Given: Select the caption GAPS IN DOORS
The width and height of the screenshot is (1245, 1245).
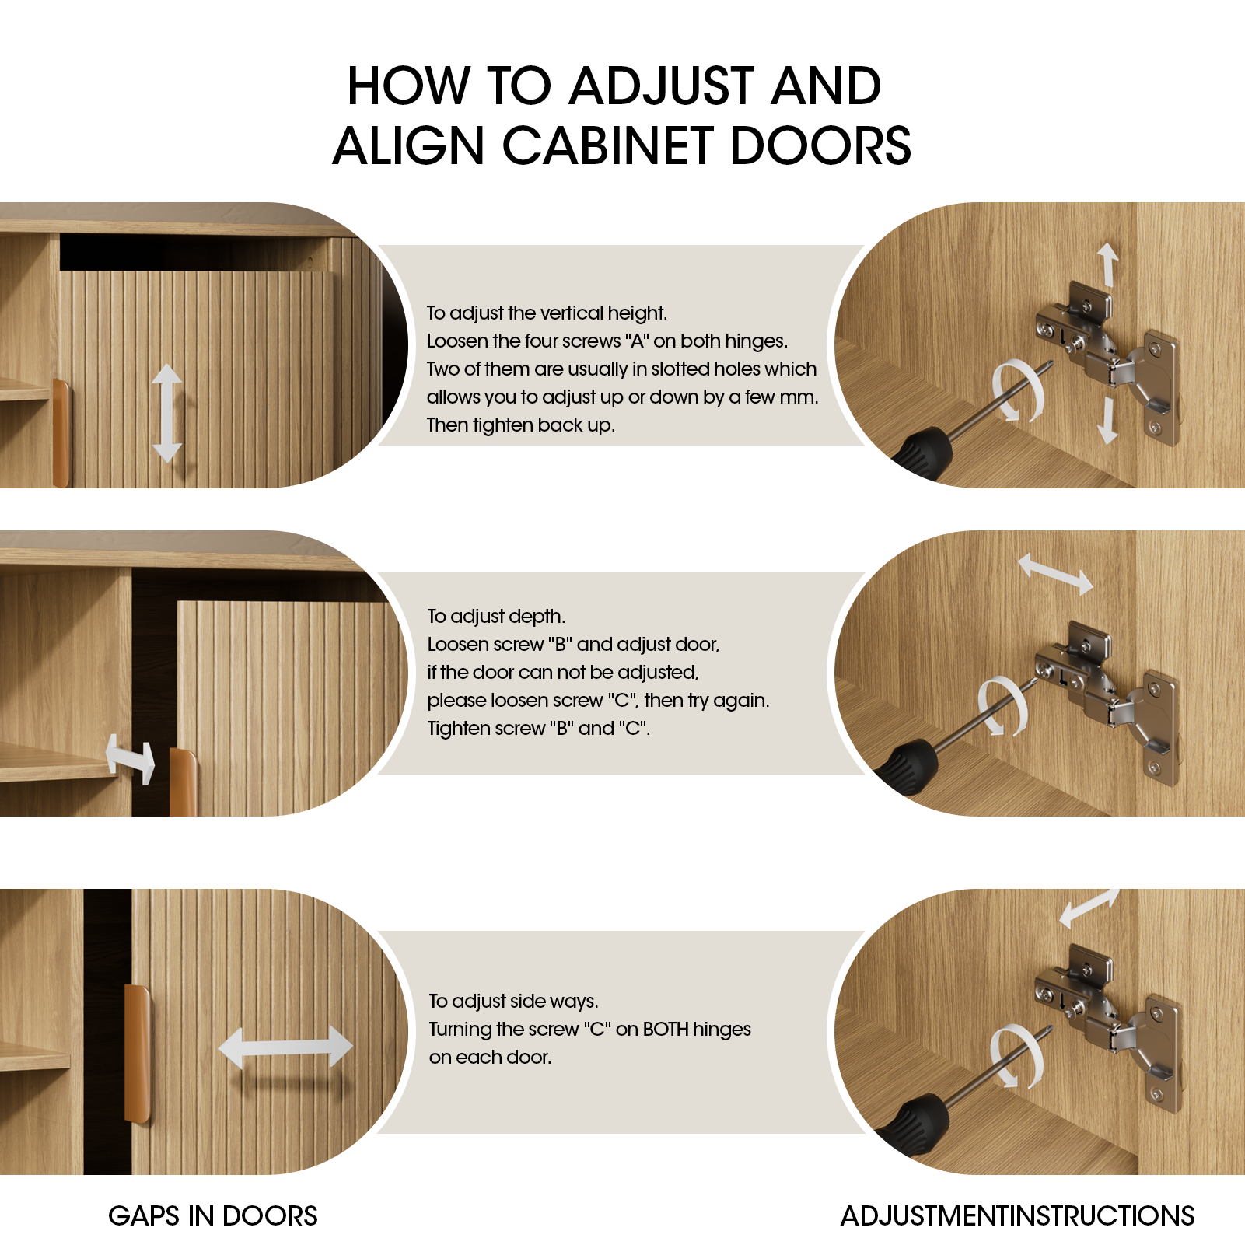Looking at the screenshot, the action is click(x=212, y=1215).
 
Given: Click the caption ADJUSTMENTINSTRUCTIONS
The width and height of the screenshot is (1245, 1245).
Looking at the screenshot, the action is click(x=1017, y=1215).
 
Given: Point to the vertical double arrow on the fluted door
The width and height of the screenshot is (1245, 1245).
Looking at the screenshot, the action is click(x=166, y=413).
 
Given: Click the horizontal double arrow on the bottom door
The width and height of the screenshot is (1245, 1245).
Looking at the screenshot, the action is click(x=285, y=1047).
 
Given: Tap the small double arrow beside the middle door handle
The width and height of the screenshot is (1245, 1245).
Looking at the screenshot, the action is click(x=130, y=758).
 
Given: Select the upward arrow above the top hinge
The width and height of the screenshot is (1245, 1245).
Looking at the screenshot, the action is click(x=1107, y=264).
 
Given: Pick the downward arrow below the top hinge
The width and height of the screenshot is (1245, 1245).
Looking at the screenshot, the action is click(x=1107, y=421).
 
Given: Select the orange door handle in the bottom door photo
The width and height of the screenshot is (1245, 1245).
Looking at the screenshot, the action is click(x=138, y=1054).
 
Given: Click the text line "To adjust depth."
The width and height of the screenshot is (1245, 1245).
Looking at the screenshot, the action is click(x=496, y=616).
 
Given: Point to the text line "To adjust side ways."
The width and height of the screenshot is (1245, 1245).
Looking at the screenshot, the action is click(x=513, y=1001).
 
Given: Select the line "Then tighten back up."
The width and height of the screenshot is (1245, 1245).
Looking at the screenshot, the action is click(x=520, y=425).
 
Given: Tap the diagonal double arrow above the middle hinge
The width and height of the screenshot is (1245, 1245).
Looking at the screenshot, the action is click(x=1055, y=573).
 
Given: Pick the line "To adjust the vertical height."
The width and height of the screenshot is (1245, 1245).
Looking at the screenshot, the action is click(x=547, y=313).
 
